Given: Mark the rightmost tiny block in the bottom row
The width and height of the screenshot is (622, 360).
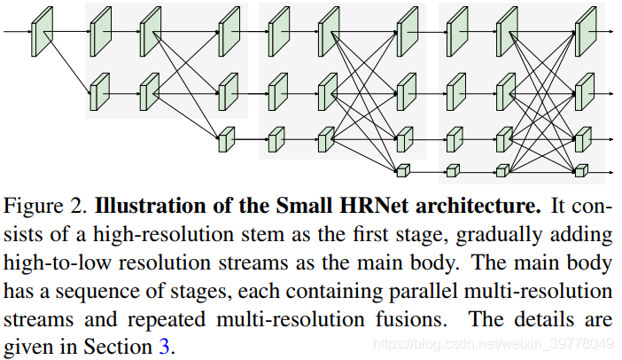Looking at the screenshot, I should point(581,170).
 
